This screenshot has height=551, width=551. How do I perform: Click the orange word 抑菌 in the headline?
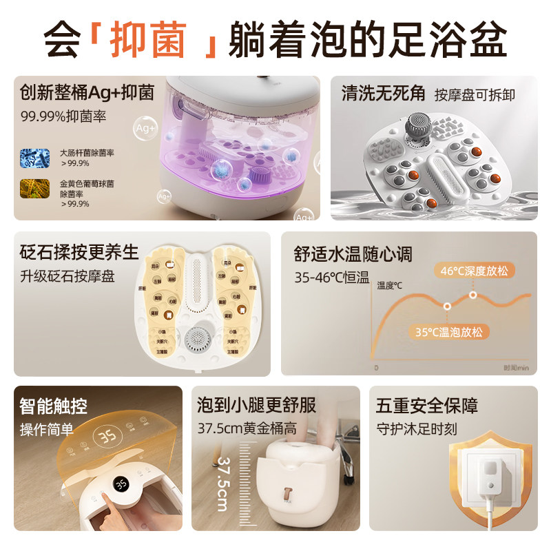point(148,39)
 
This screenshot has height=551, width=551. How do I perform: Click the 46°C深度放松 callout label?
point(475,271)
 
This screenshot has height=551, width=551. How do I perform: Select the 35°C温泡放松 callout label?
point(448,332)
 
